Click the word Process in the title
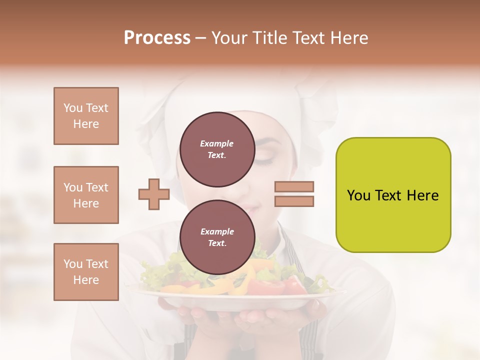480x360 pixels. coord(157,38)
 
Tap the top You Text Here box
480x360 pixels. coord(86,116)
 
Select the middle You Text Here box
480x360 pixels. coord(86,195)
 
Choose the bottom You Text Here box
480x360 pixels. coord(86,271)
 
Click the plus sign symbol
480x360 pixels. coord(153,194)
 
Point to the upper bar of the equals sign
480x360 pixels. coord(294,186)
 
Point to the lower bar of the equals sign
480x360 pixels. coord(294,201)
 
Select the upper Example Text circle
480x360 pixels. coord(217,149)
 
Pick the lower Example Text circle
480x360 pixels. coord(217,237)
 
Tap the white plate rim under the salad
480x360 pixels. coord(235,302)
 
